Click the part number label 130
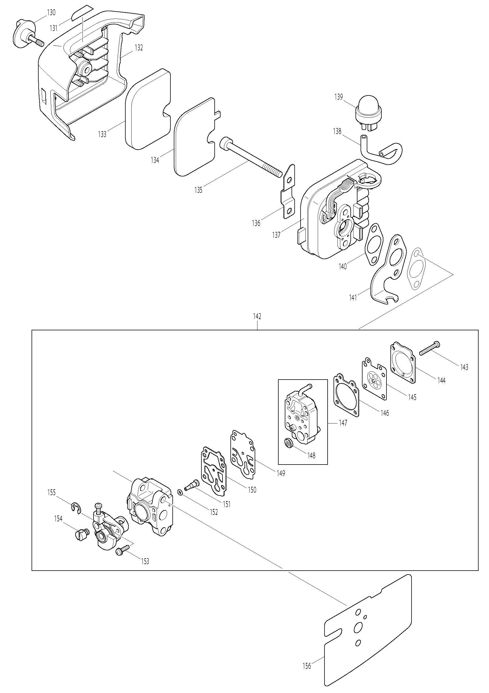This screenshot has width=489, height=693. [x=51, y=12]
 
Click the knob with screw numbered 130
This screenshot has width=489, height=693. [x=27, y=33]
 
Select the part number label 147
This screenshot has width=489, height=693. [x=343, y=423]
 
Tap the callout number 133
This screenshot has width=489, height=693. [x=103, y=134]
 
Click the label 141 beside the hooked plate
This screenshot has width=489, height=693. [x=353, y=298]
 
